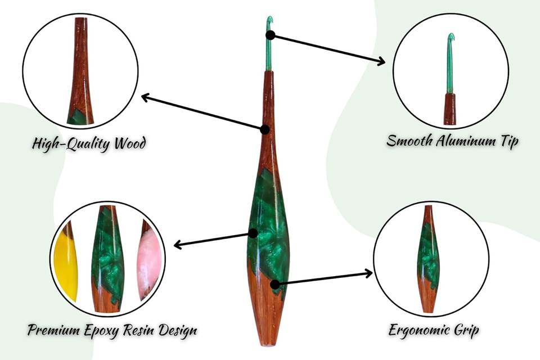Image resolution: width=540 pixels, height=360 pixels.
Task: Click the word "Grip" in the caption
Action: pyautogui.click(x=465, y=330)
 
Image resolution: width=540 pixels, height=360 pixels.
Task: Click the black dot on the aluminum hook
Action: pyautogui.click(x=271, y=35)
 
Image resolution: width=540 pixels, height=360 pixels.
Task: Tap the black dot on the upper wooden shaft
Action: pyautogui.click(x=265, y=129)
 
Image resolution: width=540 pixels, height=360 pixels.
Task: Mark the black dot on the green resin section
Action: pyautogui.click(x=253, y=233)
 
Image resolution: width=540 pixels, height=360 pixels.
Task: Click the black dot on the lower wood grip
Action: pyautogui.click(x=275, y=285)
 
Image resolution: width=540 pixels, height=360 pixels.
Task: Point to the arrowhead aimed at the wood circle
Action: pyautogui.click(x=145, y=97)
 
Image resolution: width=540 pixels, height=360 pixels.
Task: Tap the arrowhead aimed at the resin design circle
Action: pyautogui.click(x=178, y=245)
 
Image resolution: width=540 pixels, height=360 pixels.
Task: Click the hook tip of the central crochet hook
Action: pyautogui.click(x=270, y=20)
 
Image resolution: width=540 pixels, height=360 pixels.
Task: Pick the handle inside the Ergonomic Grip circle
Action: pyautogui.click(x=429, y=259)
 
